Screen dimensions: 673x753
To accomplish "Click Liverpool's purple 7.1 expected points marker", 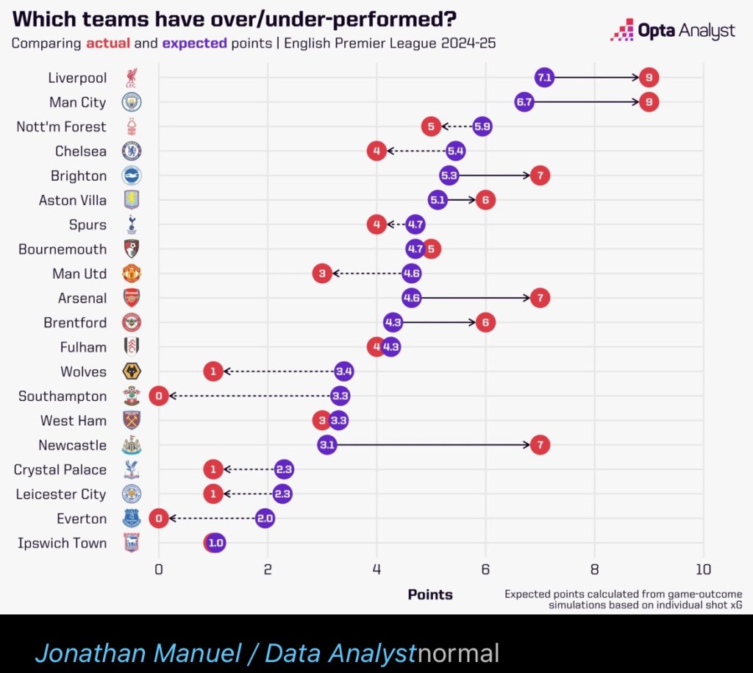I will [544, 77].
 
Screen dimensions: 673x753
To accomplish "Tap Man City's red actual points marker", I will [649, 102].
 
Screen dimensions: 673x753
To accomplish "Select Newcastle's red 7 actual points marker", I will [540, 445].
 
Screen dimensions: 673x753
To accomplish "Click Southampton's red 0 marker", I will [159, 396].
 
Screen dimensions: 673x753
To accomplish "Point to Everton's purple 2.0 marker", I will [265, 519].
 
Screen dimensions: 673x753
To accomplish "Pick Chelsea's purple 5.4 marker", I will [455, 152].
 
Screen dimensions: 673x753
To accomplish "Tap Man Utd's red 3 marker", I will [322, 274].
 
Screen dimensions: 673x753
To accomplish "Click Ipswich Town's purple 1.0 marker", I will [215, 544].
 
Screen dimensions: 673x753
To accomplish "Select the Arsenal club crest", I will [132, 298].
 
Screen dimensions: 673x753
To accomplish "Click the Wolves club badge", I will [132, 371].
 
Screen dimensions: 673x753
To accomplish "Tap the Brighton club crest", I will [132, 176].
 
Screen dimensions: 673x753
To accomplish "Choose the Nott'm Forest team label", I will [61, 127].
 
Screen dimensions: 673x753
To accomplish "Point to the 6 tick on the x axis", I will [485, 569].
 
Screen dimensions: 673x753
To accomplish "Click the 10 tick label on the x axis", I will [704, 569].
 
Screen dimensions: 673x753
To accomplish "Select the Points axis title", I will [430, 594].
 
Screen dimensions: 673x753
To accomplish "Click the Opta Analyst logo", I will [673, 31].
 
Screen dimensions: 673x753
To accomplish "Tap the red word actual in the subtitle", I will [109, 43].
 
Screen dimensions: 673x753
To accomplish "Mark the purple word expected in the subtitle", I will [195, 43].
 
